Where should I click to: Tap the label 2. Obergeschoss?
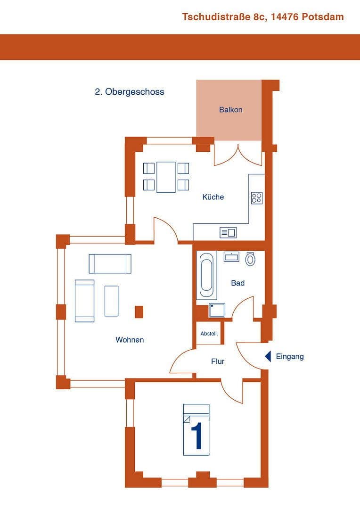click(x=130, y=92)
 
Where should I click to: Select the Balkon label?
click(x=231, y=110)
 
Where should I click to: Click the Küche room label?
click(x=213, y=197)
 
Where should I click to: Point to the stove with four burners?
click(x=256, y=198)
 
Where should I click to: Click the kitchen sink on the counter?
click(x=228, y=232)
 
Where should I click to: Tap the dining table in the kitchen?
click(x=166, y=177)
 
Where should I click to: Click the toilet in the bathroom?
click(x=250, y=259)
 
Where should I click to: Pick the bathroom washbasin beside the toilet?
click(x=231, y=257)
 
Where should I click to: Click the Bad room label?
click(x=238, y=283)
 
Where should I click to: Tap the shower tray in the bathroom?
click(x=217, y=311)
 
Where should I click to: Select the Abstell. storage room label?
click(x=209, y=334)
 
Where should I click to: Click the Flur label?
click(x=218, y=361)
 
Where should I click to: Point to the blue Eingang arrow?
click(x=268, y=356)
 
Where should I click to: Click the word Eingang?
click(x=290, y=356)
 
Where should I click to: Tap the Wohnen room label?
click(x=130, y=340)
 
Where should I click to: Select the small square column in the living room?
click(x=139, y=312)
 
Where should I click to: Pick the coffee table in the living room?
click(x=112, y=301)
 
